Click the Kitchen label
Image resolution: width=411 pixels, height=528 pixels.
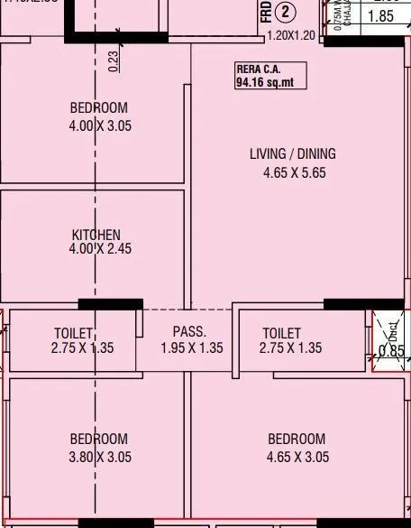(96, 235)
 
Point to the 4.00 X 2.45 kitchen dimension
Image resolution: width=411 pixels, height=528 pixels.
(100, 249)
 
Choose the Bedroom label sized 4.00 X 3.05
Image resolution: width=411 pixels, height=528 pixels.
(99, 108)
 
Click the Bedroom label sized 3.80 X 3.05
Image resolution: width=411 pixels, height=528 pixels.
(99, 440)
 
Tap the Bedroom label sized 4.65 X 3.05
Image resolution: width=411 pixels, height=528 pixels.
(297, 440)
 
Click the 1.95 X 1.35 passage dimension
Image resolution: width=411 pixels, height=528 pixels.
(191, 347)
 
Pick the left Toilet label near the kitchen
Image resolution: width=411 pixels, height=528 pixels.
(73, 333)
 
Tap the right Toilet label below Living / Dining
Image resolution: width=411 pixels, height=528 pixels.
(282, 333)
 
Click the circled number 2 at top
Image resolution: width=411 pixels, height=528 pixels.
(287, 13)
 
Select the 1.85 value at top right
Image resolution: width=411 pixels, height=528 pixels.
(381, 16)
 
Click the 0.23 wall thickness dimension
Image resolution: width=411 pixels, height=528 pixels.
(114, 60)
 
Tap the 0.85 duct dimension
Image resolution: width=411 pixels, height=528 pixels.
(391, 350)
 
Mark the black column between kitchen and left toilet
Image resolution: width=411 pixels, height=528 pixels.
(110, 304)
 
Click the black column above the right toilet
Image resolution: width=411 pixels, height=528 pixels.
(363, 304)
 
